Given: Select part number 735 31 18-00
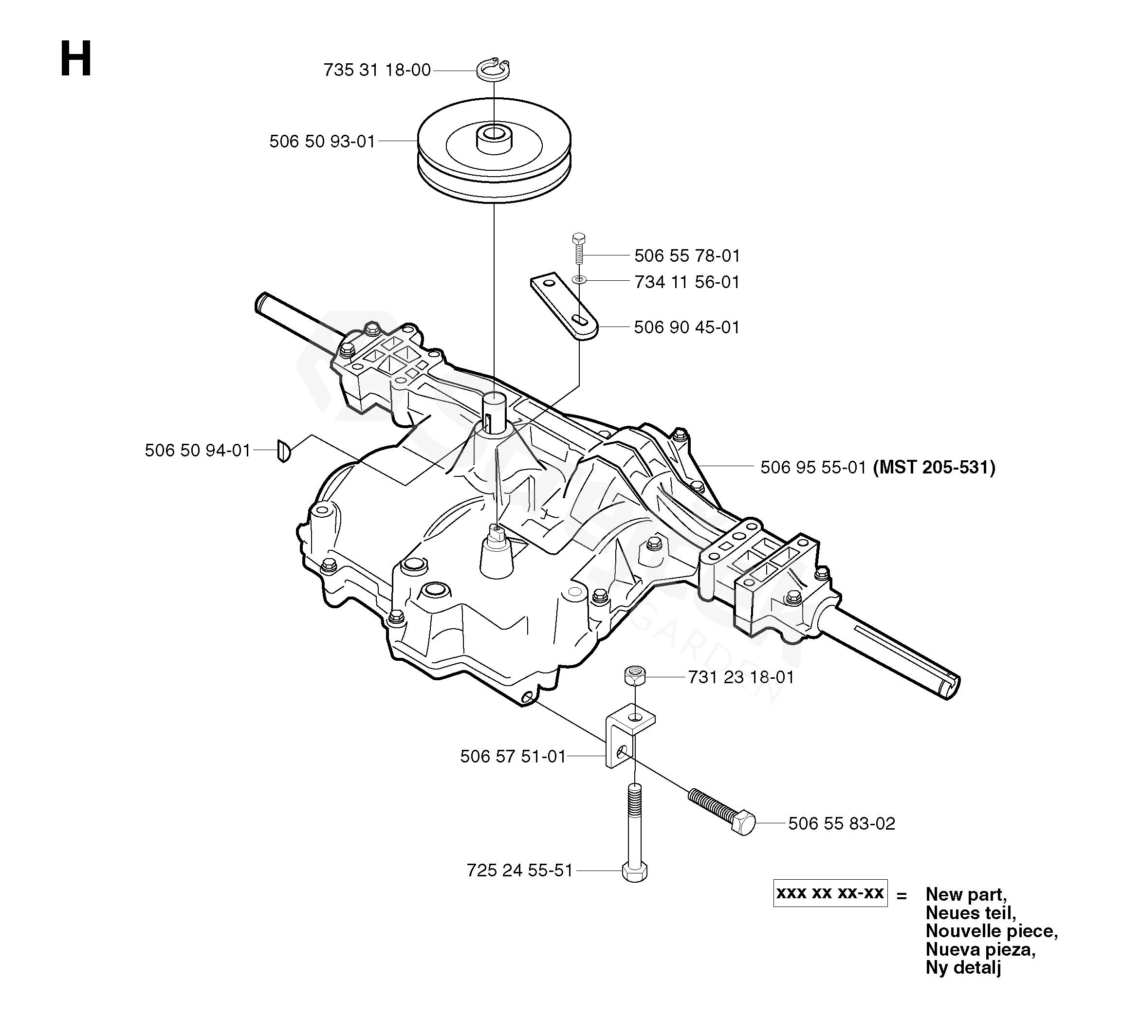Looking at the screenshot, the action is click(377, 70).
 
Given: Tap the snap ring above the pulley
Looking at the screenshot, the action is click(494, 69).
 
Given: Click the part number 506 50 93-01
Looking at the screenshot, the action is click(323, 142).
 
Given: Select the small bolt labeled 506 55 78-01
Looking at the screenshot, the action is click(579, 248).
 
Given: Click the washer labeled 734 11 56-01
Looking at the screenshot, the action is click(579, 279).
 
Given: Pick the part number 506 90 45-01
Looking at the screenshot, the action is click(687, 327).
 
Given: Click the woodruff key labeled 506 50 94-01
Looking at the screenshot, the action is click(284, 451).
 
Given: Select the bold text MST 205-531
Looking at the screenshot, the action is click(934, 467).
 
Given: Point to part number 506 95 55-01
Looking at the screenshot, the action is click(813, 467).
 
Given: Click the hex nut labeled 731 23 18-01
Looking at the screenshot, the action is click(635, 676).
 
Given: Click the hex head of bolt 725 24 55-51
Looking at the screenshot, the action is click(635, 872).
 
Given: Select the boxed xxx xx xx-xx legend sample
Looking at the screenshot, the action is click(830, 893).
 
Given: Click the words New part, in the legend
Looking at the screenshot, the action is click(966, 895).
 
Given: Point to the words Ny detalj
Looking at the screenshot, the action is click(963, 967).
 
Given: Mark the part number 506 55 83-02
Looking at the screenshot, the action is click(842, 823).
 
